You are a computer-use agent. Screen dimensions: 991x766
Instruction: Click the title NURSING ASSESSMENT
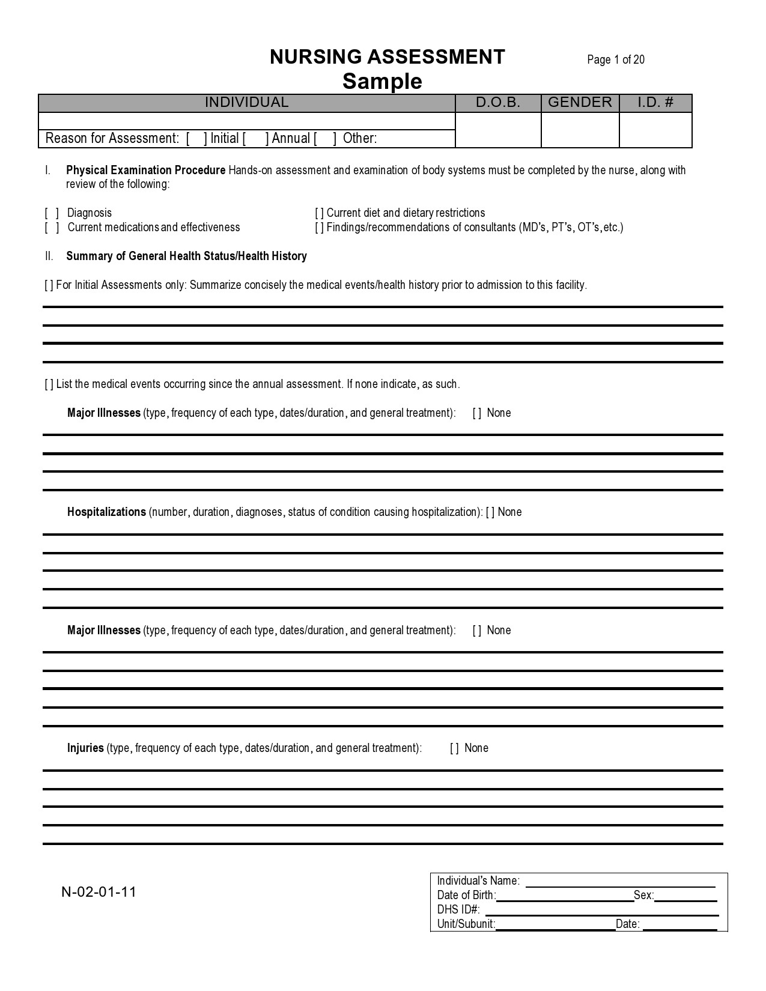coord(388,58)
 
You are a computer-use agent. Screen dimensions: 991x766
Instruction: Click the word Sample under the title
coord(382,82)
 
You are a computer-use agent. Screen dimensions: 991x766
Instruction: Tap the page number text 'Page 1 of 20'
coord(616,59)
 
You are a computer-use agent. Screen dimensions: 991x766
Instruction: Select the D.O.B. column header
coord(498,103)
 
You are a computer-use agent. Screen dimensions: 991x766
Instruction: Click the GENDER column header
coord(580,103)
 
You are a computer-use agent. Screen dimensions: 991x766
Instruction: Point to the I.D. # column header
coord(655,103)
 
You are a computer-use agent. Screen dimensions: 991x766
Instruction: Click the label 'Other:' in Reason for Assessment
coord(359,139)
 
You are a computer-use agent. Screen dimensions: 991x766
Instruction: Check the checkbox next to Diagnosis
coord(52,213)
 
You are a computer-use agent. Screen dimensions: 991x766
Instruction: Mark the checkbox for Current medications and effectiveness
coord(52,228)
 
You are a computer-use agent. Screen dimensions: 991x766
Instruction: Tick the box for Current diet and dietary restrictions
coord(319,213)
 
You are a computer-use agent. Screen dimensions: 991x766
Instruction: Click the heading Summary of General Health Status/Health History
coord(186,256)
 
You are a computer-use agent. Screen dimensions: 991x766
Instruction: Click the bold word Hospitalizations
coord(106,512)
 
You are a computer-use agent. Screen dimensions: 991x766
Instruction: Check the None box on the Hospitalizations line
coord(490,512)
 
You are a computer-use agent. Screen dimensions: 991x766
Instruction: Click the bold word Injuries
coord(85,748)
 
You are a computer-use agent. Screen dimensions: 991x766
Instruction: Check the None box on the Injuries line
coord(454,748)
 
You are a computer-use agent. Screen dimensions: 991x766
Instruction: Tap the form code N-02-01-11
coord(99,892)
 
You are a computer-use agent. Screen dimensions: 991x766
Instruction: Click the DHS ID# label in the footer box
coord(458,910)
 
